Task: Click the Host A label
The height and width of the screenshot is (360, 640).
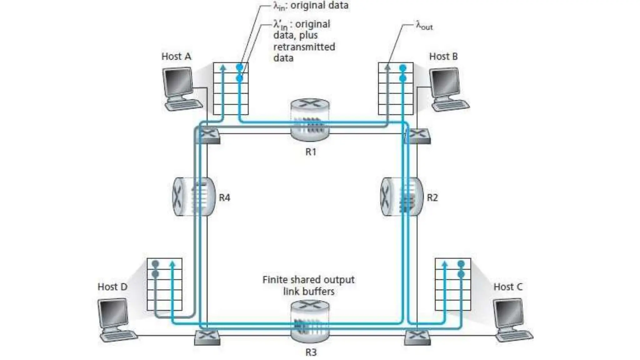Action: (176, 57)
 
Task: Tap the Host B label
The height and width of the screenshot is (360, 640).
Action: (443, 57)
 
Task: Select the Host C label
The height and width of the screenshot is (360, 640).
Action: (508, 287)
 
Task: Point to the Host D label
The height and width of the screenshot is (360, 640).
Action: (112, 287)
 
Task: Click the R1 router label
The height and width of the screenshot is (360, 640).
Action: (311, 152)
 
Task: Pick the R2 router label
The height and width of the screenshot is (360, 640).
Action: (432, 197)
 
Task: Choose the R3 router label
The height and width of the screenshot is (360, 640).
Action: (311, 352)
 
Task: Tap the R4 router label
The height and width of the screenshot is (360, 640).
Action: (224, 197)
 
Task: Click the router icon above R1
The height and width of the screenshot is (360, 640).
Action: (310, 120)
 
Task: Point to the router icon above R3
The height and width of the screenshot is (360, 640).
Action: (310, 321)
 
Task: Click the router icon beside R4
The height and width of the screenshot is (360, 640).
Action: (194, 197)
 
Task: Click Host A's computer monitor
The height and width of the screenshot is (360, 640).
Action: (177, 82)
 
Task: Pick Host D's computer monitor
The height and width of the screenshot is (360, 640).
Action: (113, 312)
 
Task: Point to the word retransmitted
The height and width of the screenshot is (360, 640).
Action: (304, 47)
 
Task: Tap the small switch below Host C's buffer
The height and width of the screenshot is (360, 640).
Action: (417, 338)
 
